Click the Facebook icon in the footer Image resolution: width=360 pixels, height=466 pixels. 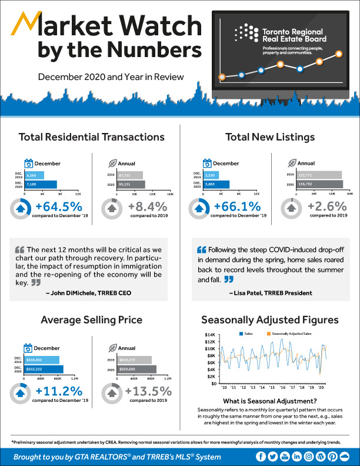point(261,457)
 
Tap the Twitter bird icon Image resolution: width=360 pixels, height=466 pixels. point(273,457)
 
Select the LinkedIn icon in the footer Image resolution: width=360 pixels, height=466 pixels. point(297,457)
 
